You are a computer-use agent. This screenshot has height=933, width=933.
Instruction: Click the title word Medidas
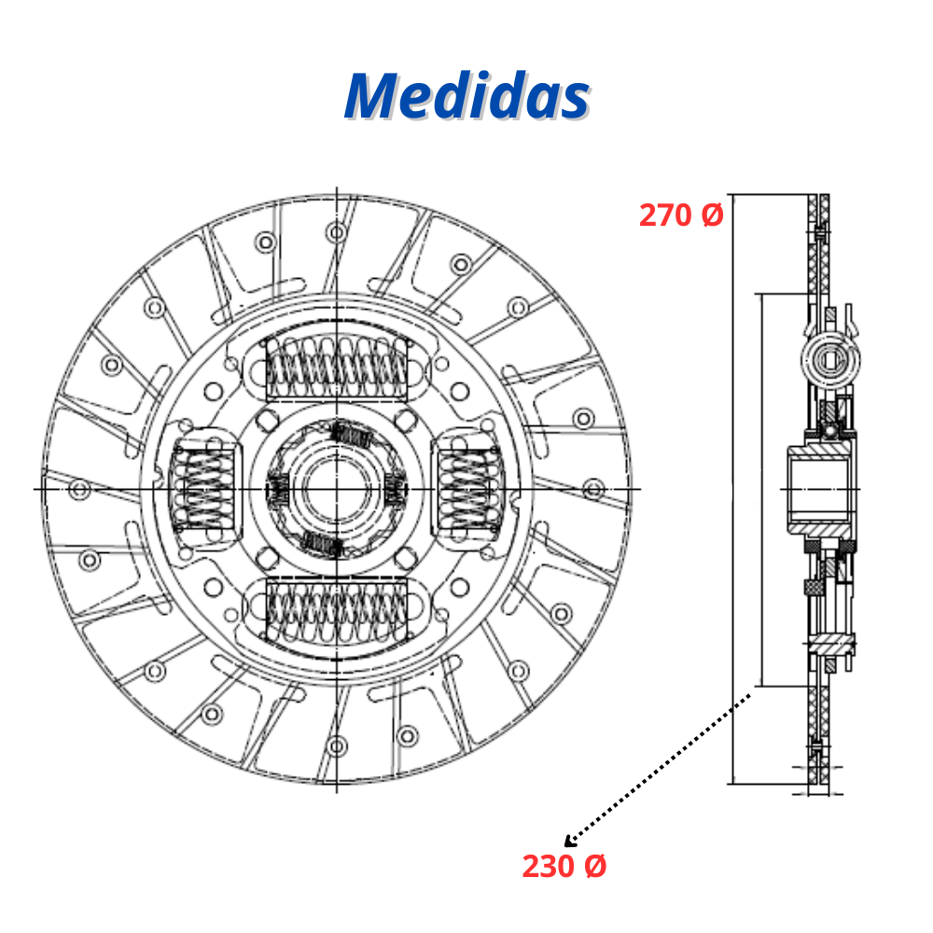[x=467, y=96]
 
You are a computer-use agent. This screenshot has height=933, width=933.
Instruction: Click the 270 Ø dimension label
[x=681, y=215]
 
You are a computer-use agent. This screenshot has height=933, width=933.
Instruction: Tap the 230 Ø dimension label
[x=564, y=866]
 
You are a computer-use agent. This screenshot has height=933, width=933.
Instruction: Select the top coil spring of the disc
[x=337, y=368]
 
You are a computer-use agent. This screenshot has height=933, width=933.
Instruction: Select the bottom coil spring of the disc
[x=337, y=612]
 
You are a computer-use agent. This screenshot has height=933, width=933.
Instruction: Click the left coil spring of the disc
[x=203, y=489]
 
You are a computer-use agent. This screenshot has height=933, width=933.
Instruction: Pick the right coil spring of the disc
[x=470, y=489]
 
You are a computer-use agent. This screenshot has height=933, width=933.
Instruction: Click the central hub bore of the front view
[x=337, y=489]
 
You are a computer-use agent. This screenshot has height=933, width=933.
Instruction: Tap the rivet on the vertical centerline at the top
[x=337, y=232]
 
